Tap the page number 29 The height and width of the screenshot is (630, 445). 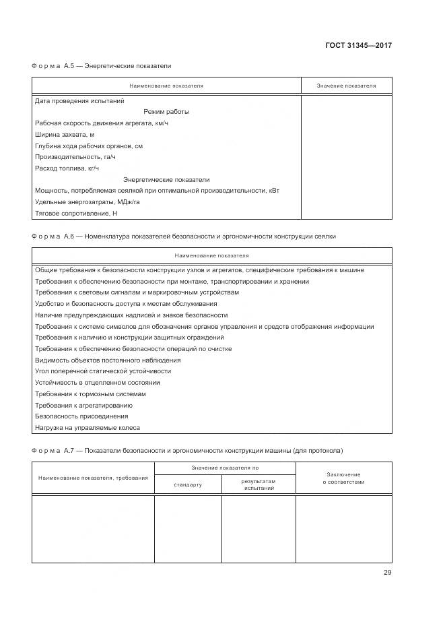click(x=387, y=573)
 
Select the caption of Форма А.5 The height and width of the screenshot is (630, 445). click(x=102, y=67)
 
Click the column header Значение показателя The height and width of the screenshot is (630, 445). click(x=346, y=86)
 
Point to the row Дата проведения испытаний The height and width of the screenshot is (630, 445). click(x=79, y=101)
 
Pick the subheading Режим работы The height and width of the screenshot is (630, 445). click(x=166, y=112)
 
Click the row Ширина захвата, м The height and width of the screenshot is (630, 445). click(x=65, y=135)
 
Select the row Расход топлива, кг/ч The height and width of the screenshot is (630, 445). click(x=67, y=168)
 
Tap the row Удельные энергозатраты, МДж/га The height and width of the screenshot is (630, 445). click(x=87, y=202)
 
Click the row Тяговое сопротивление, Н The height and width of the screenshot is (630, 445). click(x=75, y=214)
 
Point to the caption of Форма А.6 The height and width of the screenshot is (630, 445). click(x=183, y=237)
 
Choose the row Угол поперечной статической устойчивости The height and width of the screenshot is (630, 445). click(x=102, y=371)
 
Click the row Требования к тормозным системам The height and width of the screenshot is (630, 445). click(x=90, y=394)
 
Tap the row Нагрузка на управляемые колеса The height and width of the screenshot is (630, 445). click(x=88, y=428)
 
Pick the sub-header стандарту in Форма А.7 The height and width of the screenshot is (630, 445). click(x=188, y=485)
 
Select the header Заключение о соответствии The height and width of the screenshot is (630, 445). click(x=343, y=478)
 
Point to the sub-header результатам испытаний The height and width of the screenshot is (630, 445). click(x=259, y=485)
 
